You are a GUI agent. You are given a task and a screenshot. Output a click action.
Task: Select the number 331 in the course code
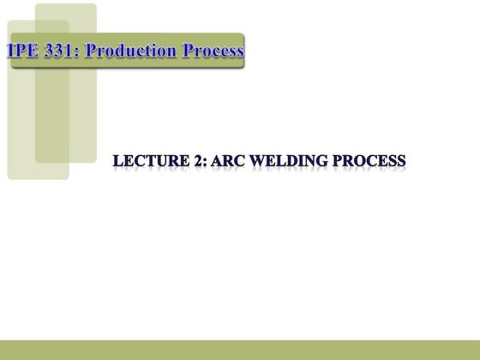click(58, 51)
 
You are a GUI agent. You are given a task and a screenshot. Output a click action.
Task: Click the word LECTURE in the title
click(147, 161)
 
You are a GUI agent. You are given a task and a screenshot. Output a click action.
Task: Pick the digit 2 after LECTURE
click(189, 161)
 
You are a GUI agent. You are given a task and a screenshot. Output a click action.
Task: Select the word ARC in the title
click(215, 161)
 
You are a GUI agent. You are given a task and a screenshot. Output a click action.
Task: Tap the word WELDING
click(279, 161)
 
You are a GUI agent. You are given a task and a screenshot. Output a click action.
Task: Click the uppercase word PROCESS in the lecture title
click(363, 161)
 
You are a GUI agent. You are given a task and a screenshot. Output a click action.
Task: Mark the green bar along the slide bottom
click(240, 350)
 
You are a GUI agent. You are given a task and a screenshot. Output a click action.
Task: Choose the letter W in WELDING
click(243, 161)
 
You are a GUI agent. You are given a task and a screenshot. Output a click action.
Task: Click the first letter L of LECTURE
click(118, 161)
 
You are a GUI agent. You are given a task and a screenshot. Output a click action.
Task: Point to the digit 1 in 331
click(69, 51)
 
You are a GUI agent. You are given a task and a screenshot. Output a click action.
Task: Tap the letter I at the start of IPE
click(11, 51)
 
